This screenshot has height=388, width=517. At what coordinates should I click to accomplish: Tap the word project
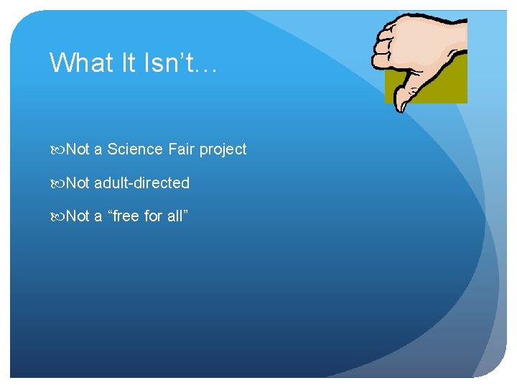click(x=223, y=150)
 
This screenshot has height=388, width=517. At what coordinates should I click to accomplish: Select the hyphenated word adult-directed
click(x=141, y=183)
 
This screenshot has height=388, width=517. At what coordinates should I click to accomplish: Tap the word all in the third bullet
click(x=174, y=216)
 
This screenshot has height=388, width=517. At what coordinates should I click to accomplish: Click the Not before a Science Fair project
click(x=78, y=149)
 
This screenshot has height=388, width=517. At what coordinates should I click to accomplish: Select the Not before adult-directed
click(x=78, y=183)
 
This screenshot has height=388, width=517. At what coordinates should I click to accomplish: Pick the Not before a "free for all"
click(x=78, y=216)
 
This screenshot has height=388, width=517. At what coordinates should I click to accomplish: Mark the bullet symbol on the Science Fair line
click(x=57, y=150)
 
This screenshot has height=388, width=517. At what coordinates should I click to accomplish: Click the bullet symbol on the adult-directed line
click(x=57, y=184)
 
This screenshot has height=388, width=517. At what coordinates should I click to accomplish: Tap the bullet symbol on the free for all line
click(x=57, y=217)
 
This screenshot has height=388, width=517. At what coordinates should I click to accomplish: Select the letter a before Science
click(x=98, y=150)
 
